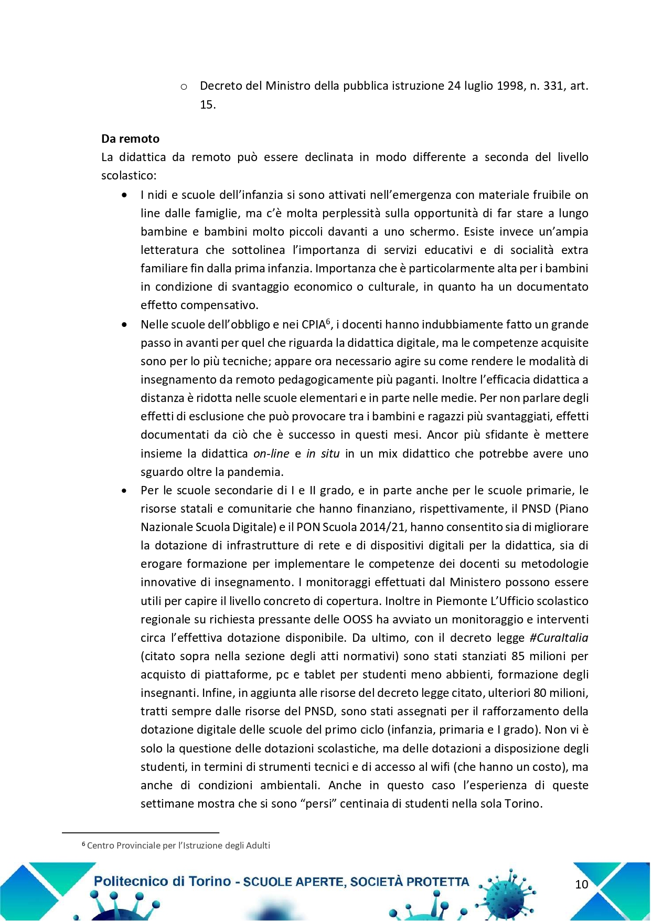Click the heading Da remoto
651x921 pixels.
pyautogui.click(x=130, y=139)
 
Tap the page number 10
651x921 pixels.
pyautogui.click(x=582, y=884)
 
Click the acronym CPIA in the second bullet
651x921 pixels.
pyautogui.click(x=313, y=325)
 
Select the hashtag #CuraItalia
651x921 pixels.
pyautogui.click(x=559, y=638)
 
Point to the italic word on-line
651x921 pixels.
pyautogui.click(x=271, y=453)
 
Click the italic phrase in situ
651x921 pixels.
pyautogui.click(x=323, y=453)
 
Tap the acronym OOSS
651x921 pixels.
pyautogui.click(x=358, y=619)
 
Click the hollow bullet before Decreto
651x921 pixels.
pyautogui.click(x=184, y=87)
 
